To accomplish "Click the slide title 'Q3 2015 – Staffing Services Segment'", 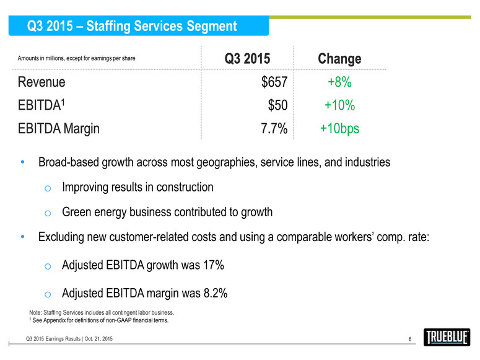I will point(132,26).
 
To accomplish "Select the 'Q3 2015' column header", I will point(247,59).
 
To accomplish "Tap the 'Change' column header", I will point(339,59).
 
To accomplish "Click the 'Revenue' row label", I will point(41,82).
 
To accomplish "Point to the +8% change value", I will point(339,82).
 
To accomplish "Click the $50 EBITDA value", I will point(276,105).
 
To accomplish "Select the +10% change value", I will point(339,105).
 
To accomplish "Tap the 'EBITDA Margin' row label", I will point(58,129).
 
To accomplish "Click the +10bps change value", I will point(339,129).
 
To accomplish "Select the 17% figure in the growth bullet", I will point(212,265).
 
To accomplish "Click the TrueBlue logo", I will point(447,338).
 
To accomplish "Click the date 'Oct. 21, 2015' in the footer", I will point(95,338).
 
